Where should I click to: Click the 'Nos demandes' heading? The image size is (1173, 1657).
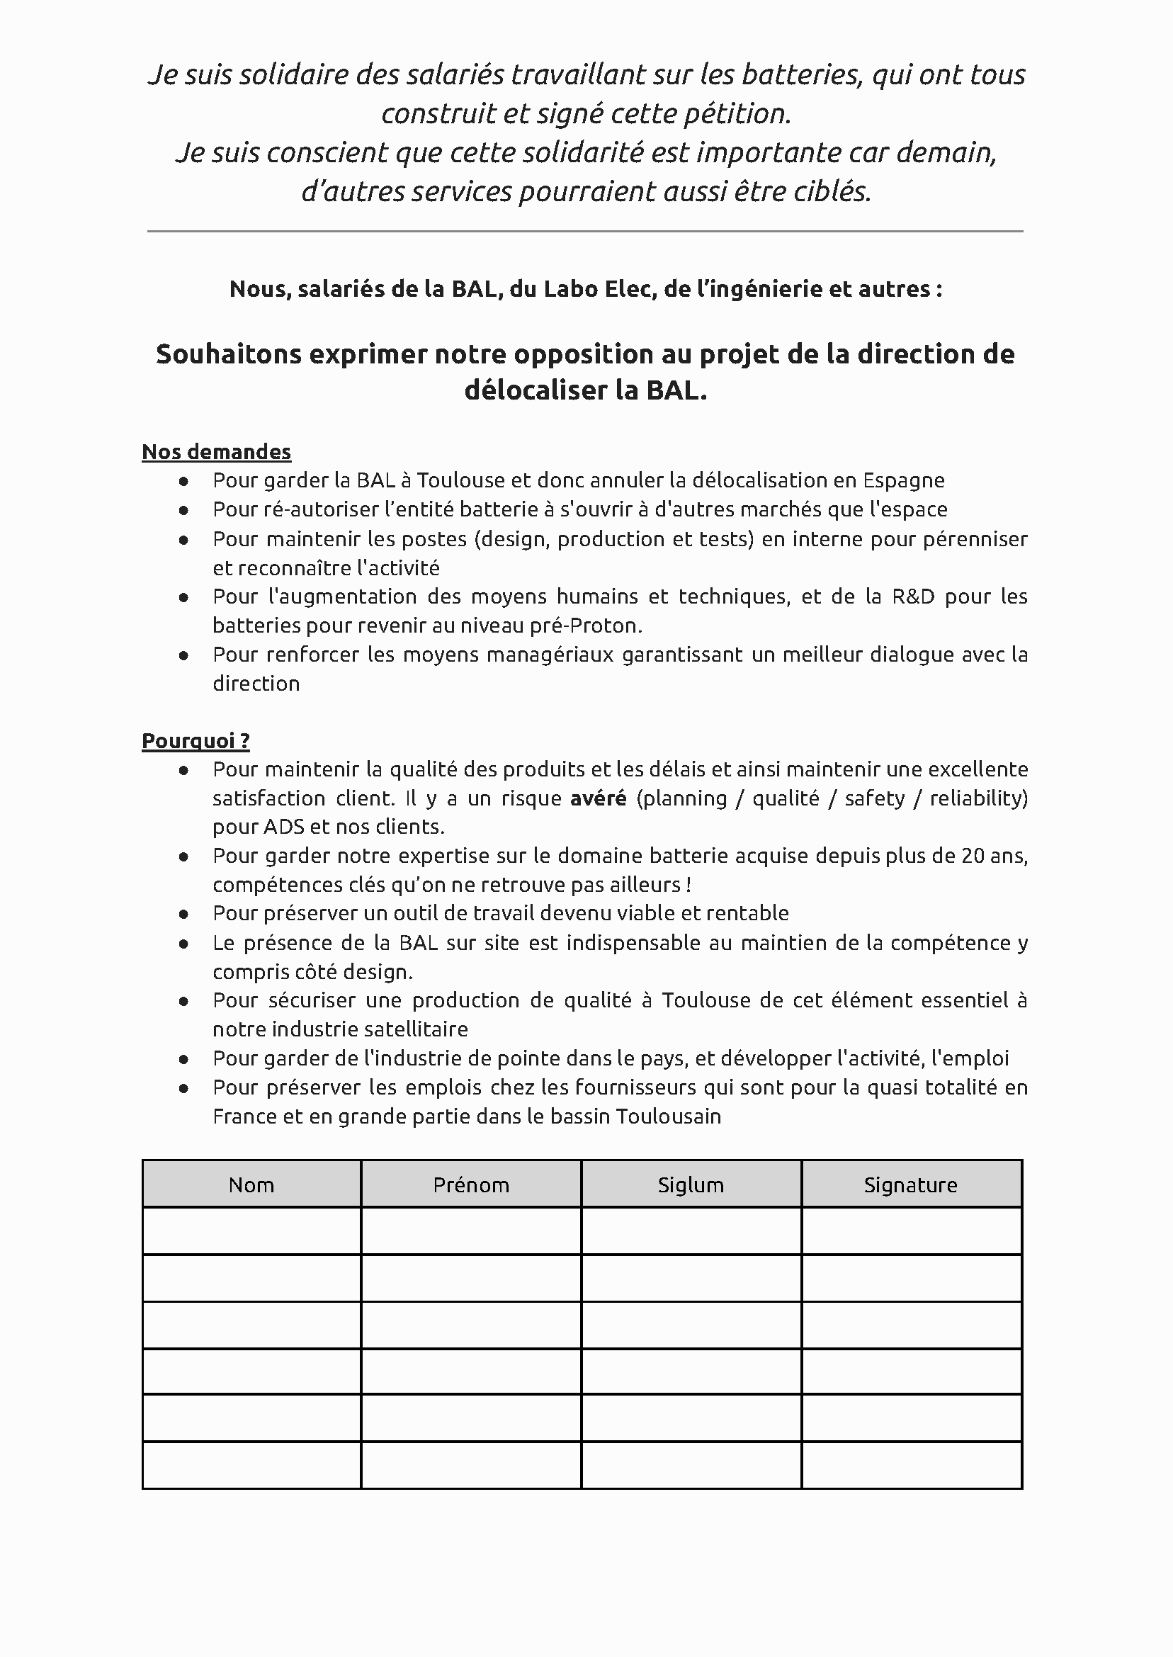tap(216, 452)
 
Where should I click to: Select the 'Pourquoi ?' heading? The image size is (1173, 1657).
tap(195, 741)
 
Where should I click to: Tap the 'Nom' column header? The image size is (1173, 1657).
tap(251, 1185)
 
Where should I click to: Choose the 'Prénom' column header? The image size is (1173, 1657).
tap(471, 1185)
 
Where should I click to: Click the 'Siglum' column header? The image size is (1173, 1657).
tap(691, 1185)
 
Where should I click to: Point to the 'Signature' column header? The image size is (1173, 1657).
tap(910, 1185)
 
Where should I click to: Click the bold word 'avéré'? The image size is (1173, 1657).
tap(598, 798)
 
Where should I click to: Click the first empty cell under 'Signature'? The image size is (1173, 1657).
tap(911, 1231)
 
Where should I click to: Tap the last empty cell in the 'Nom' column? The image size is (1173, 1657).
tap(251, 1466)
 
